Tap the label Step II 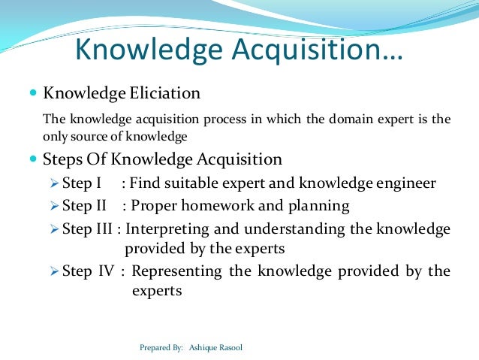pos(89,205)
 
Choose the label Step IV pos(89,270)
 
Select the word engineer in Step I pos(410,183)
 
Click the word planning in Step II pos(321,205)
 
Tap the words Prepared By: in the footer pos(161,348)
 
